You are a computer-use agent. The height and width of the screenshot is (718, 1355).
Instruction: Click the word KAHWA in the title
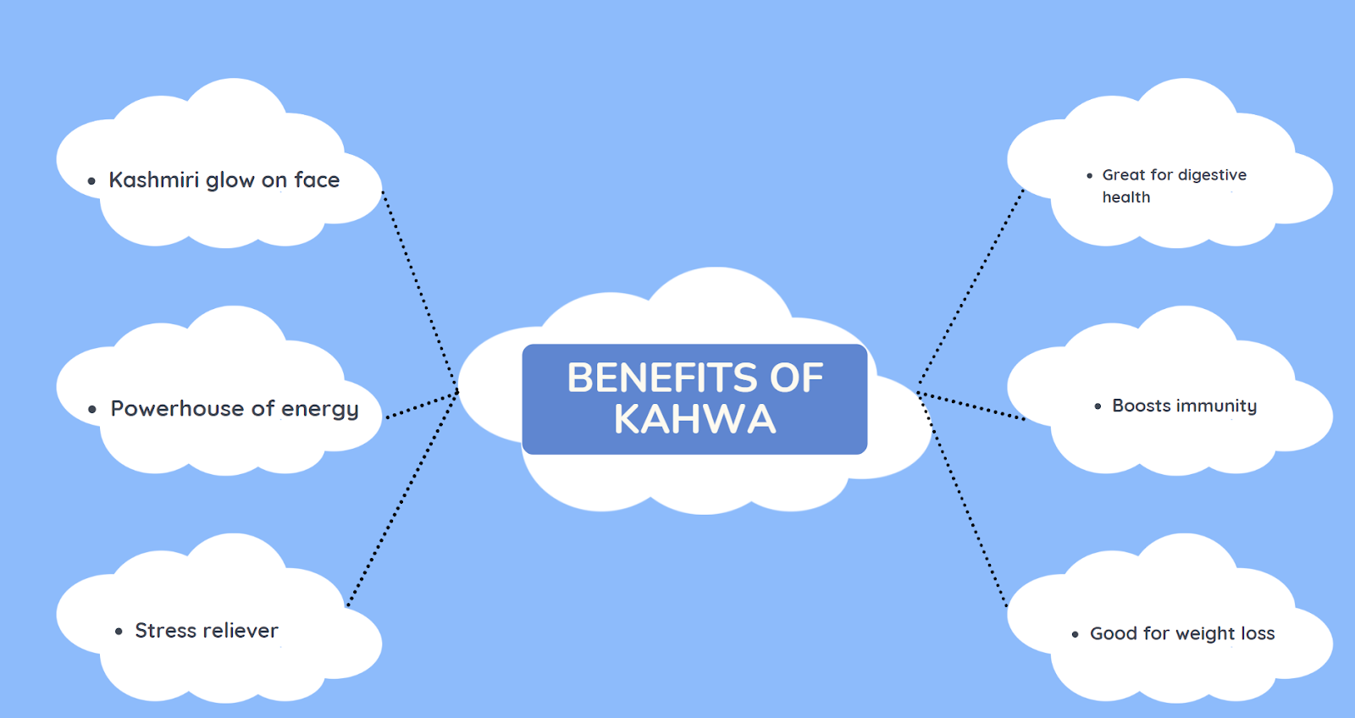coord(694,419)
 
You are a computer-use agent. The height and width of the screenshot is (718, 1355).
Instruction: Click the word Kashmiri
coord(153,179)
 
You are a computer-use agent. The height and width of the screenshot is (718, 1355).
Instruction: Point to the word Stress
coord(165,631)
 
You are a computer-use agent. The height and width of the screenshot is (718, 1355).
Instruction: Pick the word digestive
coord(1212,175)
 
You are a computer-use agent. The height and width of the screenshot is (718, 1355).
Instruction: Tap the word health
coord(1125,197)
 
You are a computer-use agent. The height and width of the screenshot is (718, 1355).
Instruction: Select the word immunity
coord(1217,406)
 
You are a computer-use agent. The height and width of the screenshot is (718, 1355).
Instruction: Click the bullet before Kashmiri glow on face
coord(91,181)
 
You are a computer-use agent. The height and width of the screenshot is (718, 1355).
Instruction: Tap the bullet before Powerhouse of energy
coord(92,410)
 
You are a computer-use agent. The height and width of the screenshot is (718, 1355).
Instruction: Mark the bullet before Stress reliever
coord(119,632)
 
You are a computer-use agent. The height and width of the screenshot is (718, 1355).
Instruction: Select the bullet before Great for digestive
coord(1090,176)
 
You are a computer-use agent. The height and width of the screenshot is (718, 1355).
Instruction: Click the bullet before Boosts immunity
coord(1098,407)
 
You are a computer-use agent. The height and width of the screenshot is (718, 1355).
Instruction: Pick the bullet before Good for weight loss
coord(1076,634)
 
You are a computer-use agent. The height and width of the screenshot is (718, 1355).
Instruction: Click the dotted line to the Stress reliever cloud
coord(402,500)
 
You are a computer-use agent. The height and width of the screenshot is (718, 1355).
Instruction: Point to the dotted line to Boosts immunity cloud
coord(971,406)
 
